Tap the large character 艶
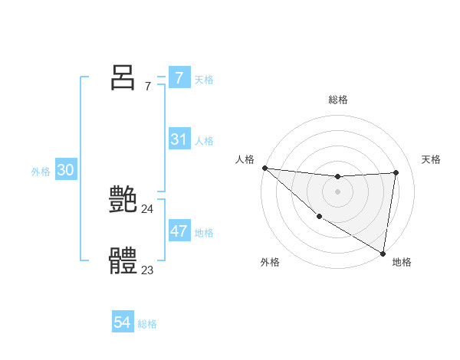[x=123, y=199]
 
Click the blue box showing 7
[x=179, y=77]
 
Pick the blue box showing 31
[x=179, y=139]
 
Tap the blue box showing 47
[x=179, y=231]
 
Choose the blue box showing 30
[x=65, y=170]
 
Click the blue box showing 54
[x=122, y=322]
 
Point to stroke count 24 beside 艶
[x=147, y=208]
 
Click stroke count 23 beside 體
[x=147, y=270]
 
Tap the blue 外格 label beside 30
[x=41, y=172]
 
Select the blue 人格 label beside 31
[x=204, y=141]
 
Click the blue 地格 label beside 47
[x=204, y=233]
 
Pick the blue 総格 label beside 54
[x=147, y=324]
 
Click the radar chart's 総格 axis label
[x=338, y=100]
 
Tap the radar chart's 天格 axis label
[x=432, y=159]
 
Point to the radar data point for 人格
[x=264, y=168]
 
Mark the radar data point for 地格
[x=383, y=253]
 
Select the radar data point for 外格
[x=319, y=216]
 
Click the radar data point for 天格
[x=396, y=172]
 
